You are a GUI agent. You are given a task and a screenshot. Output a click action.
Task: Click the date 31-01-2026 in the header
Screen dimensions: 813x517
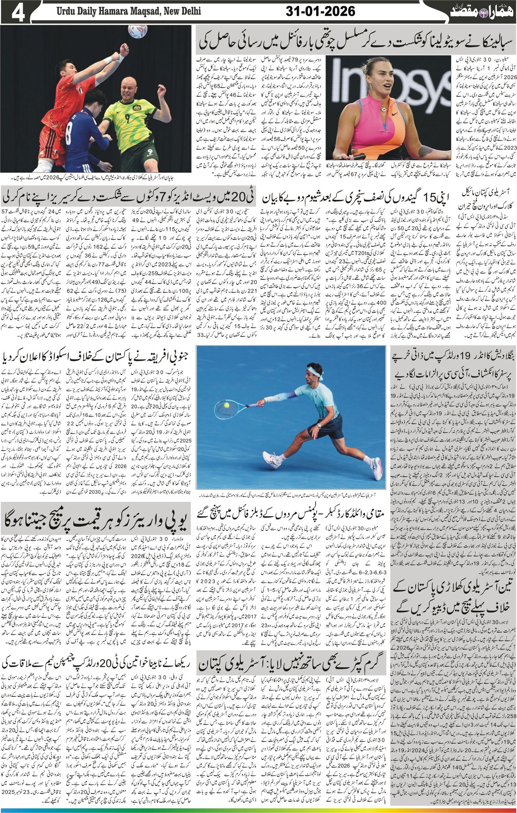coord(320,11)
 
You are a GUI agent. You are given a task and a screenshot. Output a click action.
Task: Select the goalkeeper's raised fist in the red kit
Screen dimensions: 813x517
coord(125,49)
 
